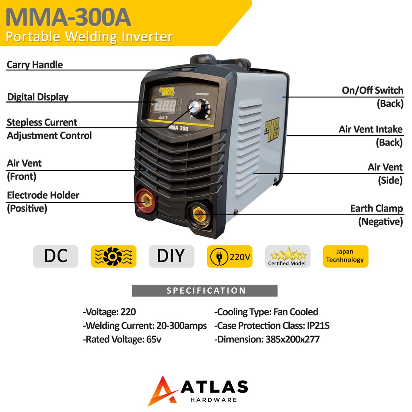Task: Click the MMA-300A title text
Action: [68, 17]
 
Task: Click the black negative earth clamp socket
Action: [199, 214]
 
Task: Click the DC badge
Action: [56, 256]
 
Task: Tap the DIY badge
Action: [171, 256]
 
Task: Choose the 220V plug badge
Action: [229, 256]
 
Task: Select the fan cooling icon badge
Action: [113, 256]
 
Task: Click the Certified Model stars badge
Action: [287, 256]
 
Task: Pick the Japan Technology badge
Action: [345, 256]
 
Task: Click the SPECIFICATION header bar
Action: [205, 290]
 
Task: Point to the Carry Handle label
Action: [35, 64]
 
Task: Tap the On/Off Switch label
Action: [372, 91]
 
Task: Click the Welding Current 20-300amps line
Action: [145, 325]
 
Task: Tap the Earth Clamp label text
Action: [376, 208]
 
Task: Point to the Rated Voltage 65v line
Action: [122, 339]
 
